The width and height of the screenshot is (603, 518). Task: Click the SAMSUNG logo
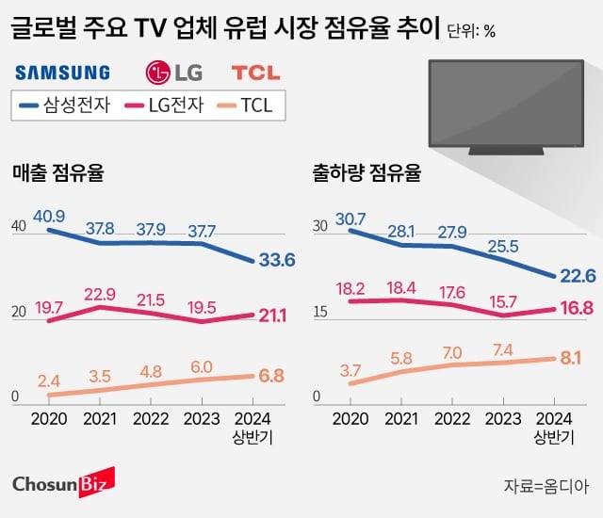pyautogui.click(x=62, y=72)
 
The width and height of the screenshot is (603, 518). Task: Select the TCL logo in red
pyautogui.click(x=255, y=72)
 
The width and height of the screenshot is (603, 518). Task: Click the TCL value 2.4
pyautogui.click(x=50, y=381)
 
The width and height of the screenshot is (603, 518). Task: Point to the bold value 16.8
pyautogui.click(x=576, y=308)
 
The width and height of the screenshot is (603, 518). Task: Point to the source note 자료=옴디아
pyautogui.click(x=546, y=486)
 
